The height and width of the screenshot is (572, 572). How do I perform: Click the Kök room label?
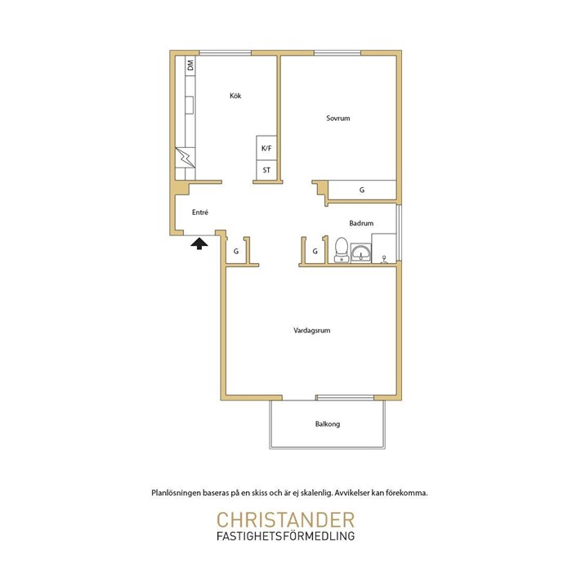coord(235,96)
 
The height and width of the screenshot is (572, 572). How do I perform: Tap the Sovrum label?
coord(338,118)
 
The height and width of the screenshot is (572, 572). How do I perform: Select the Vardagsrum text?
coord(312,330)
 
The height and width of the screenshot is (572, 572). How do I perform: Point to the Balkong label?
coord(328,424)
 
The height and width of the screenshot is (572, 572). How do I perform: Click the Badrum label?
coord(361,223)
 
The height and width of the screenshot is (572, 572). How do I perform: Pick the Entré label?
coord(200,212)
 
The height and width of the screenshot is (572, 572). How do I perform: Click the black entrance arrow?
coord(199,244)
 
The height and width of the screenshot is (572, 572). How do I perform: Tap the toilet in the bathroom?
coord(342,250)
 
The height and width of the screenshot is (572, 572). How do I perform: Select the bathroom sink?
coord(361,252)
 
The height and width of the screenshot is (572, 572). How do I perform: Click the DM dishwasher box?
coord(190,65)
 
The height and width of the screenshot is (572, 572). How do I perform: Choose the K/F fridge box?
coord(266,148)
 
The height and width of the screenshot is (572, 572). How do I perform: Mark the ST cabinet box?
coord(266,170)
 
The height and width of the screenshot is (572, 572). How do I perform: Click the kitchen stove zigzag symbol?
coord(185,157)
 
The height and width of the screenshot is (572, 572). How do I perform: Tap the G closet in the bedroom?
coord(362,190)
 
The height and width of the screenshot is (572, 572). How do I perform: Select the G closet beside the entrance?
coord(236,252)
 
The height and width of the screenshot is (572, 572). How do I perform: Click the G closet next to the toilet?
coord(315,252)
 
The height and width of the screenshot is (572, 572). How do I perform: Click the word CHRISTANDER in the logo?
coord(286,520)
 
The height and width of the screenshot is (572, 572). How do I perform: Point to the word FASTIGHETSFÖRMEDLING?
coord(286,536)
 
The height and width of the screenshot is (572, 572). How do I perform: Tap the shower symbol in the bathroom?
coord(384,259)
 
